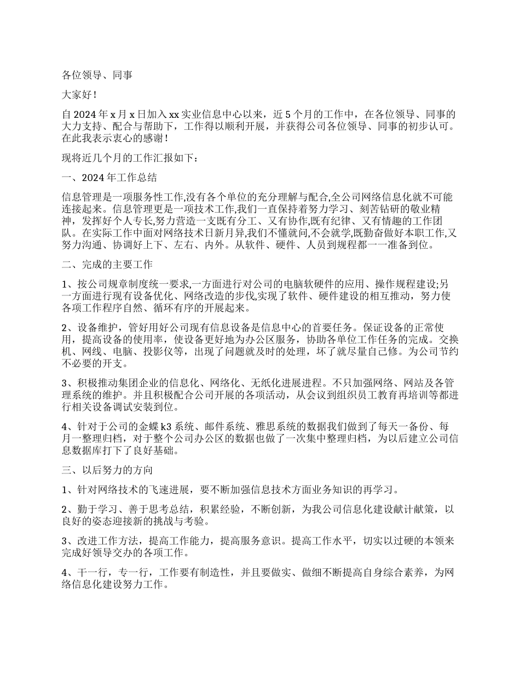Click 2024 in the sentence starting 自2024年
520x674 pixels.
pos(84,115)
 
